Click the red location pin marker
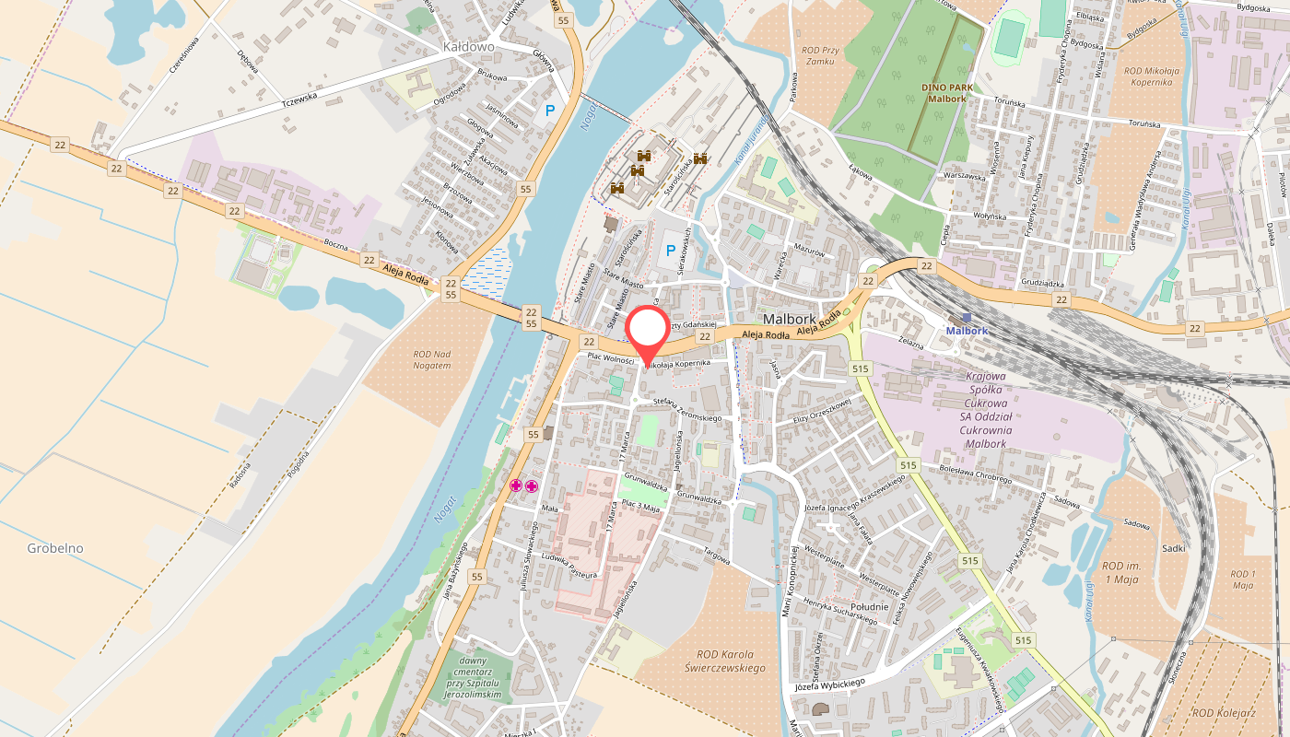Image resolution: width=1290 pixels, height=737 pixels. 648,333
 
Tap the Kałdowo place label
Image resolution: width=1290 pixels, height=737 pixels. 468,46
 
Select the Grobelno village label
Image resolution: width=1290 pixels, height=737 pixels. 55,548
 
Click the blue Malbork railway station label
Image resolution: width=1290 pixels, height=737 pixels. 967,331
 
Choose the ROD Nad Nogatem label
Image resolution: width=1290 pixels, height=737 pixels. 432,359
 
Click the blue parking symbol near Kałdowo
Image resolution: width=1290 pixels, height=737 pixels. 550,111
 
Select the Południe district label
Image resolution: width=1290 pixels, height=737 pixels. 869,606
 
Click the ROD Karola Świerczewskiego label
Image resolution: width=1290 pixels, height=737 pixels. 726,661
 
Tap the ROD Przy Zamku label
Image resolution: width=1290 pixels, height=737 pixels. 818,55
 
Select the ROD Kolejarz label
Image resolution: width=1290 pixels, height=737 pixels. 1224,712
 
